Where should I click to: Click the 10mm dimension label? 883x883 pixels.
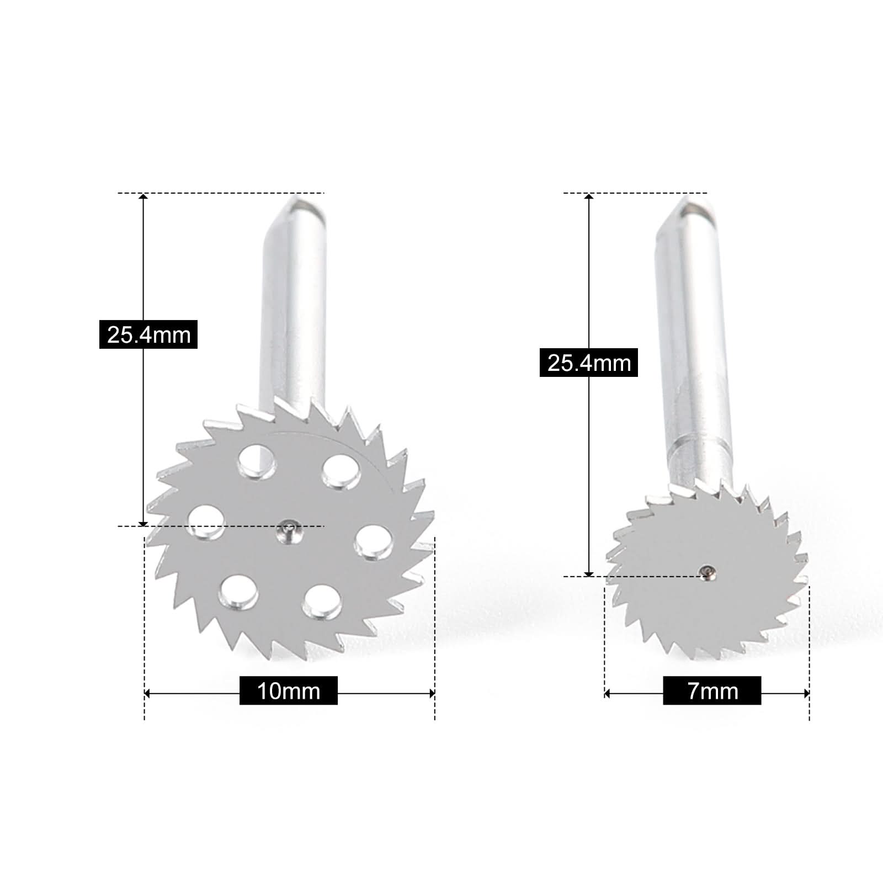(x=288, y=690)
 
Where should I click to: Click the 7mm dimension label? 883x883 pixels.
(x=712, y=690)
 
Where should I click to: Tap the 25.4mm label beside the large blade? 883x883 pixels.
(x=148, y=334)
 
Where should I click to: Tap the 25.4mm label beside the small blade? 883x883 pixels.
(x=589, y=363)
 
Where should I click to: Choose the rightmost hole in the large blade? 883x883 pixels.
(x=374, y=542)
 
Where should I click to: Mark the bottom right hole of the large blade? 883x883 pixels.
(x=322, y=602)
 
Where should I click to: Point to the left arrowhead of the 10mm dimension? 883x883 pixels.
(x=147, y=694)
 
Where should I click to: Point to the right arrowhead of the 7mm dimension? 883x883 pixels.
(x=806, y=694)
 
